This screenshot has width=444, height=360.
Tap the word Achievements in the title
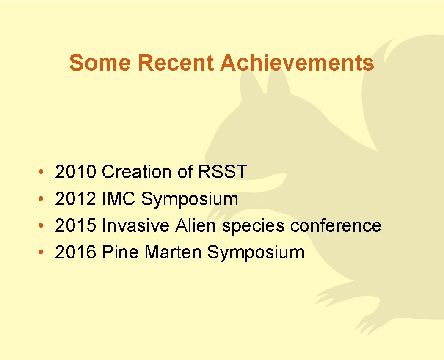(297, 63)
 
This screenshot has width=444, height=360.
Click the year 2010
(76, 172)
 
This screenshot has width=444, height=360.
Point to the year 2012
(76, 199)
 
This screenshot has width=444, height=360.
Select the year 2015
(76, 225)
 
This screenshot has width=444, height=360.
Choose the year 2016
(76, 253)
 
